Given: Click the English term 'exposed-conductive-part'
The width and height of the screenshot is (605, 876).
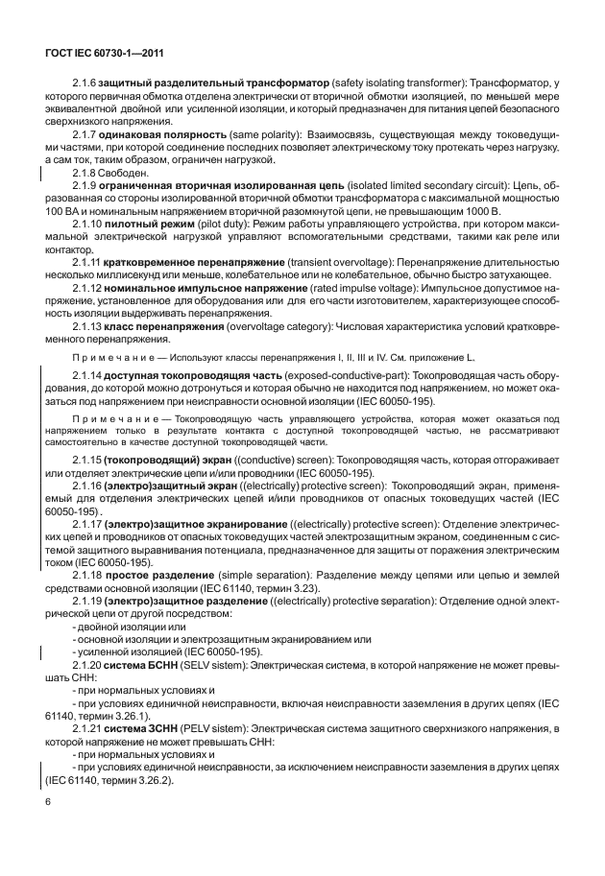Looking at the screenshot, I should [x=332, y=377].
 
